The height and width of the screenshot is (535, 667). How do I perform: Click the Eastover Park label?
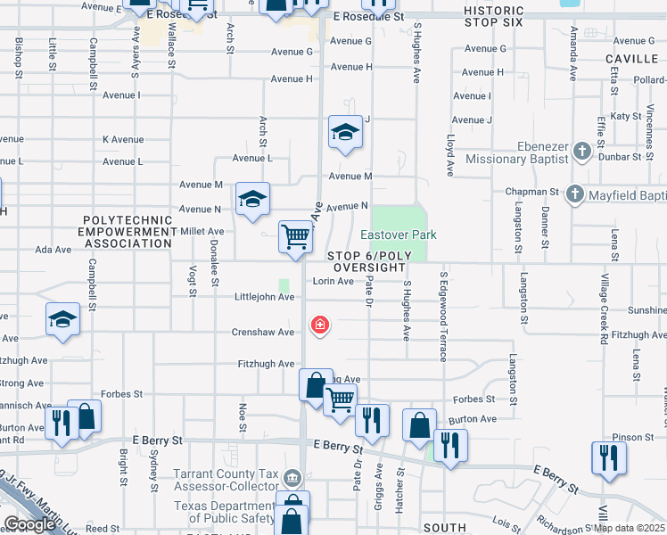pyautogui.click(x=399, y=235)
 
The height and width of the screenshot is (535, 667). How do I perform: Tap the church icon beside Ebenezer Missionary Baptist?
pyautogui.click(x=582, y=151)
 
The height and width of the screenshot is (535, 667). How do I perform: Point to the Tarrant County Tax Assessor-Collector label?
pyautogui.click(x=226, y=481)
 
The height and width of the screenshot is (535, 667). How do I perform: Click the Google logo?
pyautogui.click(x=29, y=524)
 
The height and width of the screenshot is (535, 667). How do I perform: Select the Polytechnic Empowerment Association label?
pyautogui.click(x=128, y=231)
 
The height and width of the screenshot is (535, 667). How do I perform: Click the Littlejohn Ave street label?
pyautogui.click(x=264, y=297)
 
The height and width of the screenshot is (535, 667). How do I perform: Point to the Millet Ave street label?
pyautogui.click(x=202, y=231)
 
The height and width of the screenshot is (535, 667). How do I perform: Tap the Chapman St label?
pyautogui.click(x=532, y=192)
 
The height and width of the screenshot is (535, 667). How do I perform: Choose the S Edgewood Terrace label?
pyautogui.click(x=442, y=317)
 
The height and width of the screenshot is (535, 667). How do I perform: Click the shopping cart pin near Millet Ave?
pyautogui.click(x=296, y=237)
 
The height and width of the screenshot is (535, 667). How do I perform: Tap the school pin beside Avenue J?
pyautogui.click(x=345, y=133)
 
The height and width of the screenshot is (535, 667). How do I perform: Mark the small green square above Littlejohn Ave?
pyautogui.click(x=284, y=286)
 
